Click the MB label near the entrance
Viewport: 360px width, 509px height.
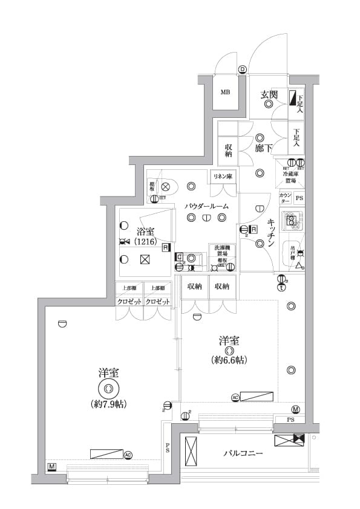point(225,92)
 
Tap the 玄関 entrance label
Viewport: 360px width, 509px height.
point(269,94)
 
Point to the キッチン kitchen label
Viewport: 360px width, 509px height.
point(272,233)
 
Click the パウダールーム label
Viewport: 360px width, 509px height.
point(207,206)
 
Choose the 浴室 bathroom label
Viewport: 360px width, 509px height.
point(145,231)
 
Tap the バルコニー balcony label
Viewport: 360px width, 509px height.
point(243,452)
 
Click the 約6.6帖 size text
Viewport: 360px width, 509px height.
point(229,360)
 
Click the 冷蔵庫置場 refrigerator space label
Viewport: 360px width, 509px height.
point(290,177)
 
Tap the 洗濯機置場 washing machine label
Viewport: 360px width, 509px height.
point(221,251)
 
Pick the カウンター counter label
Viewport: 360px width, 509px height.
point(286,198)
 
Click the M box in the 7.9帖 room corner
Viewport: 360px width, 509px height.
point(52,467)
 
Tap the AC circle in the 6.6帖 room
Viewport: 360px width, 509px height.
point(234,397)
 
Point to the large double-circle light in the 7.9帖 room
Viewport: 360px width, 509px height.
point(108,388)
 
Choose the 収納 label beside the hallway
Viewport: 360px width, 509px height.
point(228,151)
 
